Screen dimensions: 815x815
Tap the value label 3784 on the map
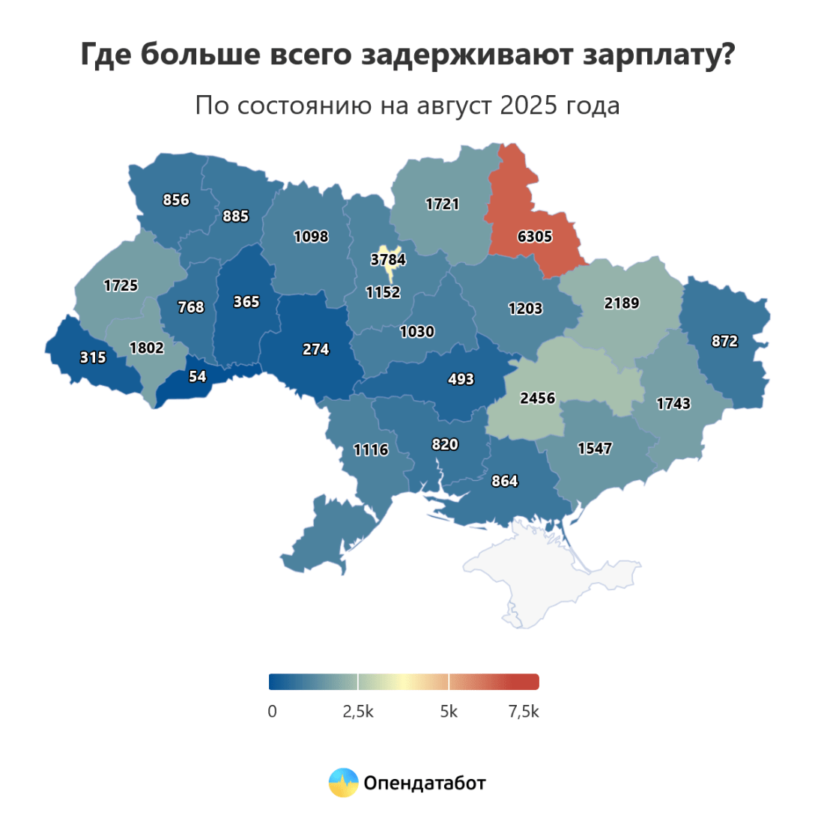[388, 261]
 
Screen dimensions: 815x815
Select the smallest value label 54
[197, 377]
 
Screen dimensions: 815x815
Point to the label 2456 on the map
[537, 398]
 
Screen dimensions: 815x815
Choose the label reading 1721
[442, 204]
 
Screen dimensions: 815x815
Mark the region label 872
[724, 341]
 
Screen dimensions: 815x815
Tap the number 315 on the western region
[92, 358]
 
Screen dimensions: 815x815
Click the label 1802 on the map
[147, 348]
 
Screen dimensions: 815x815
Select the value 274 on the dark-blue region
[315, 349]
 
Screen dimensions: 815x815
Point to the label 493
[461, 379]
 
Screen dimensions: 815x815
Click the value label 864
[504, 481]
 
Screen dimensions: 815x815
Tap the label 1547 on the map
[595, 449]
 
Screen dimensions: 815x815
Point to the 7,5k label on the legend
[523, 712]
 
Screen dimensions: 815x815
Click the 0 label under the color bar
[273, 712]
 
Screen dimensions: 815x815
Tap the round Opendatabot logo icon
[344, 783]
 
